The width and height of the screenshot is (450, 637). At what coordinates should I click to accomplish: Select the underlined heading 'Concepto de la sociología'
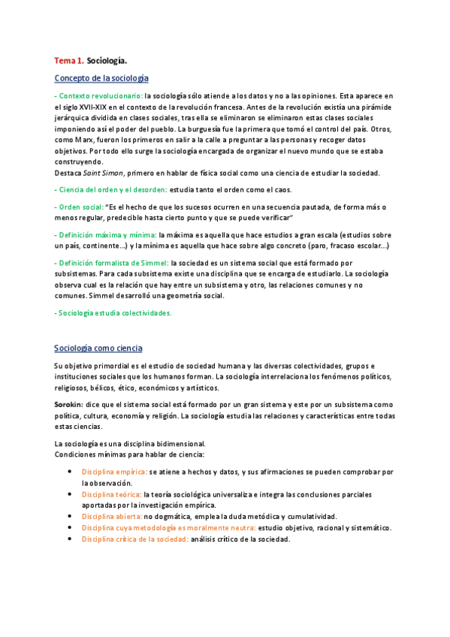[x=101, y=78]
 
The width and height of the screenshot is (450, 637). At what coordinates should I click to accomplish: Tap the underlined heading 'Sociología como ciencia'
[x=98, y=349]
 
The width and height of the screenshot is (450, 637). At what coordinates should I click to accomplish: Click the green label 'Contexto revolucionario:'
[x=99, y=96]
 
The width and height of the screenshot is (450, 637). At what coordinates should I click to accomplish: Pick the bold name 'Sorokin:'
[x=68, y=404]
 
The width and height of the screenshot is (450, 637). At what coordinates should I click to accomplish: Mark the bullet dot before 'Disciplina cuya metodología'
[x=70, y=528]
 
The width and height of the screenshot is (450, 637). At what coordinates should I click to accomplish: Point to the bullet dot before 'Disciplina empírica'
[x=70, y=472]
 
